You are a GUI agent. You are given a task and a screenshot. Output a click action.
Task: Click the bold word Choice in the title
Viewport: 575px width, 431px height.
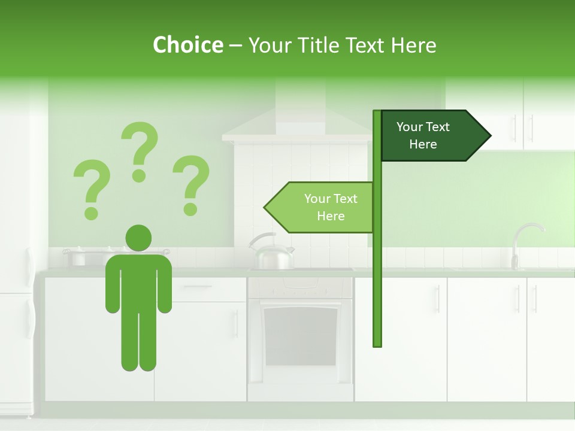coord(187,45)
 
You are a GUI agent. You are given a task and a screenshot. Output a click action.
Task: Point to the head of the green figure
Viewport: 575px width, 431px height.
coord(138,238)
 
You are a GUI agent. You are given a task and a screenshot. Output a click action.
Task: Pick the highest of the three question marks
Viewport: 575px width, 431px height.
coord(140,151)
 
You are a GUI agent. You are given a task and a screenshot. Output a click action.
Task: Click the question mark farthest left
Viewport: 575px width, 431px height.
coord(91,188)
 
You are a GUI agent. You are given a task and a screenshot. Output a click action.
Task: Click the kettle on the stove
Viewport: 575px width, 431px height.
coord(271,253)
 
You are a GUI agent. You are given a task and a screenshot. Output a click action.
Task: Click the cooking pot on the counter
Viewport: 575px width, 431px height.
coord(78,257)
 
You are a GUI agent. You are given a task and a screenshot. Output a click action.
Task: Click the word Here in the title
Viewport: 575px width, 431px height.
coord(414,45)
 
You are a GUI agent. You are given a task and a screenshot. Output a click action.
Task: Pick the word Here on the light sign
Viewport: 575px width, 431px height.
coord(331,216)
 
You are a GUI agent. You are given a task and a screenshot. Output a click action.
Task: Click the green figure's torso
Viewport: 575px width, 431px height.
coord(138,281)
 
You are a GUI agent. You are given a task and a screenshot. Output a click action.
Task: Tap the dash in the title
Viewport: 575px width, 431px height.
coord(235,45)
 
